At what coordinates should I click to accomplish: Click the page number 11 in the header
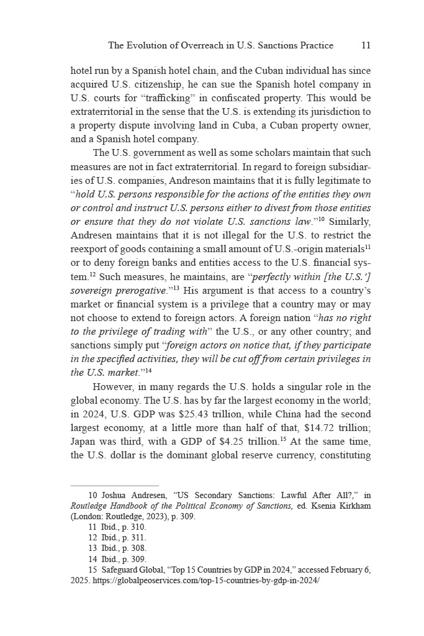pos(366,45)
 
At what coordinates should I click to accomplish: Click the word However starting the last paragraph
pos(114,387)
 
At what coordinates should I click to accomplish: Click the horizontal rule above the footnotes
pos(115,486)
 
